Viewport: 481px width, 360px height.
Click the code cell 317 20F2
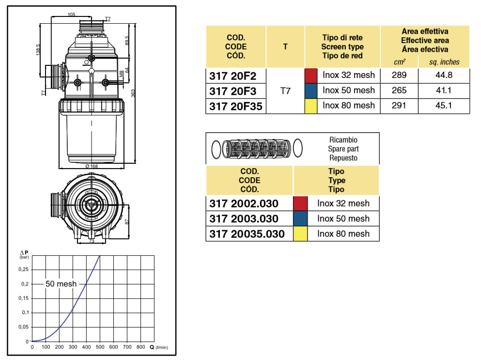(x=232, y=76)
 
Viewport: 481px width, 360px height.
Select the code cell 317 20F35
(x=235, y=106)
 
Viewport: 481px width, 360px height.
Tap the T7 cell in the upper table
(x=285, y=91)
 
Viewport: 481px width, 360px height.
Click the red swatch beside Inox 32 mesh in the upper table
(x=310, y=76)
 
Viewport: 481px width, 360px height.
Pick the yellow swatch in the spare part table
(x=300, y=234)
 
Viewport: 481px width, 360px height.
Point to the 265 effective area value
(x=399, y=90)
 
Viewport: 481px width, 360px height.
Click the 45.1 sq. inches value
(x=444, y=105)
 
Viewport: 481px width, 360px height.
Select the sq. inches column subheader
(x=444, y=62)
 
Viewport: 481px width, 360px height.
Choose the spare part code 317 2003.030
(x=244, y=219)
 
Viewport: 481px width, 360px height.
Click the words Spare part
(x=343, y=149)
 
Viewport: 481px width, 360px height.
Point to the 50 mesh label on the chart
(x=61, y=284)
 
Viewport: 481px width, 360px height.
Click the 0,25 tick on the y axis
(x=23, y=269)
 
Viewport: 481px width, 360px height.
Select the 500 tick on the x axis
(x=100, y=347)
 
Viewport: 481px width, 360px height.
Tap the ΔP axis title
(x=24, y=253)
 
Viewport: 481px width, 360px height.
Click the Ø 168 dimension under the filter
(x=91, y=166)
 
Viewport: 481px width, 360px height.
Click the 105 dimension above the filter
(x=72, y=15)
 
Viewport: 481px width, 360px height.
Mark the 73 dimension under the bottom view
(x=91, y=241)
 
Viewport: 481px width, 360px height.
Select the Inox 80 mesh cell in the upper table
(x=349, y=105)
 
